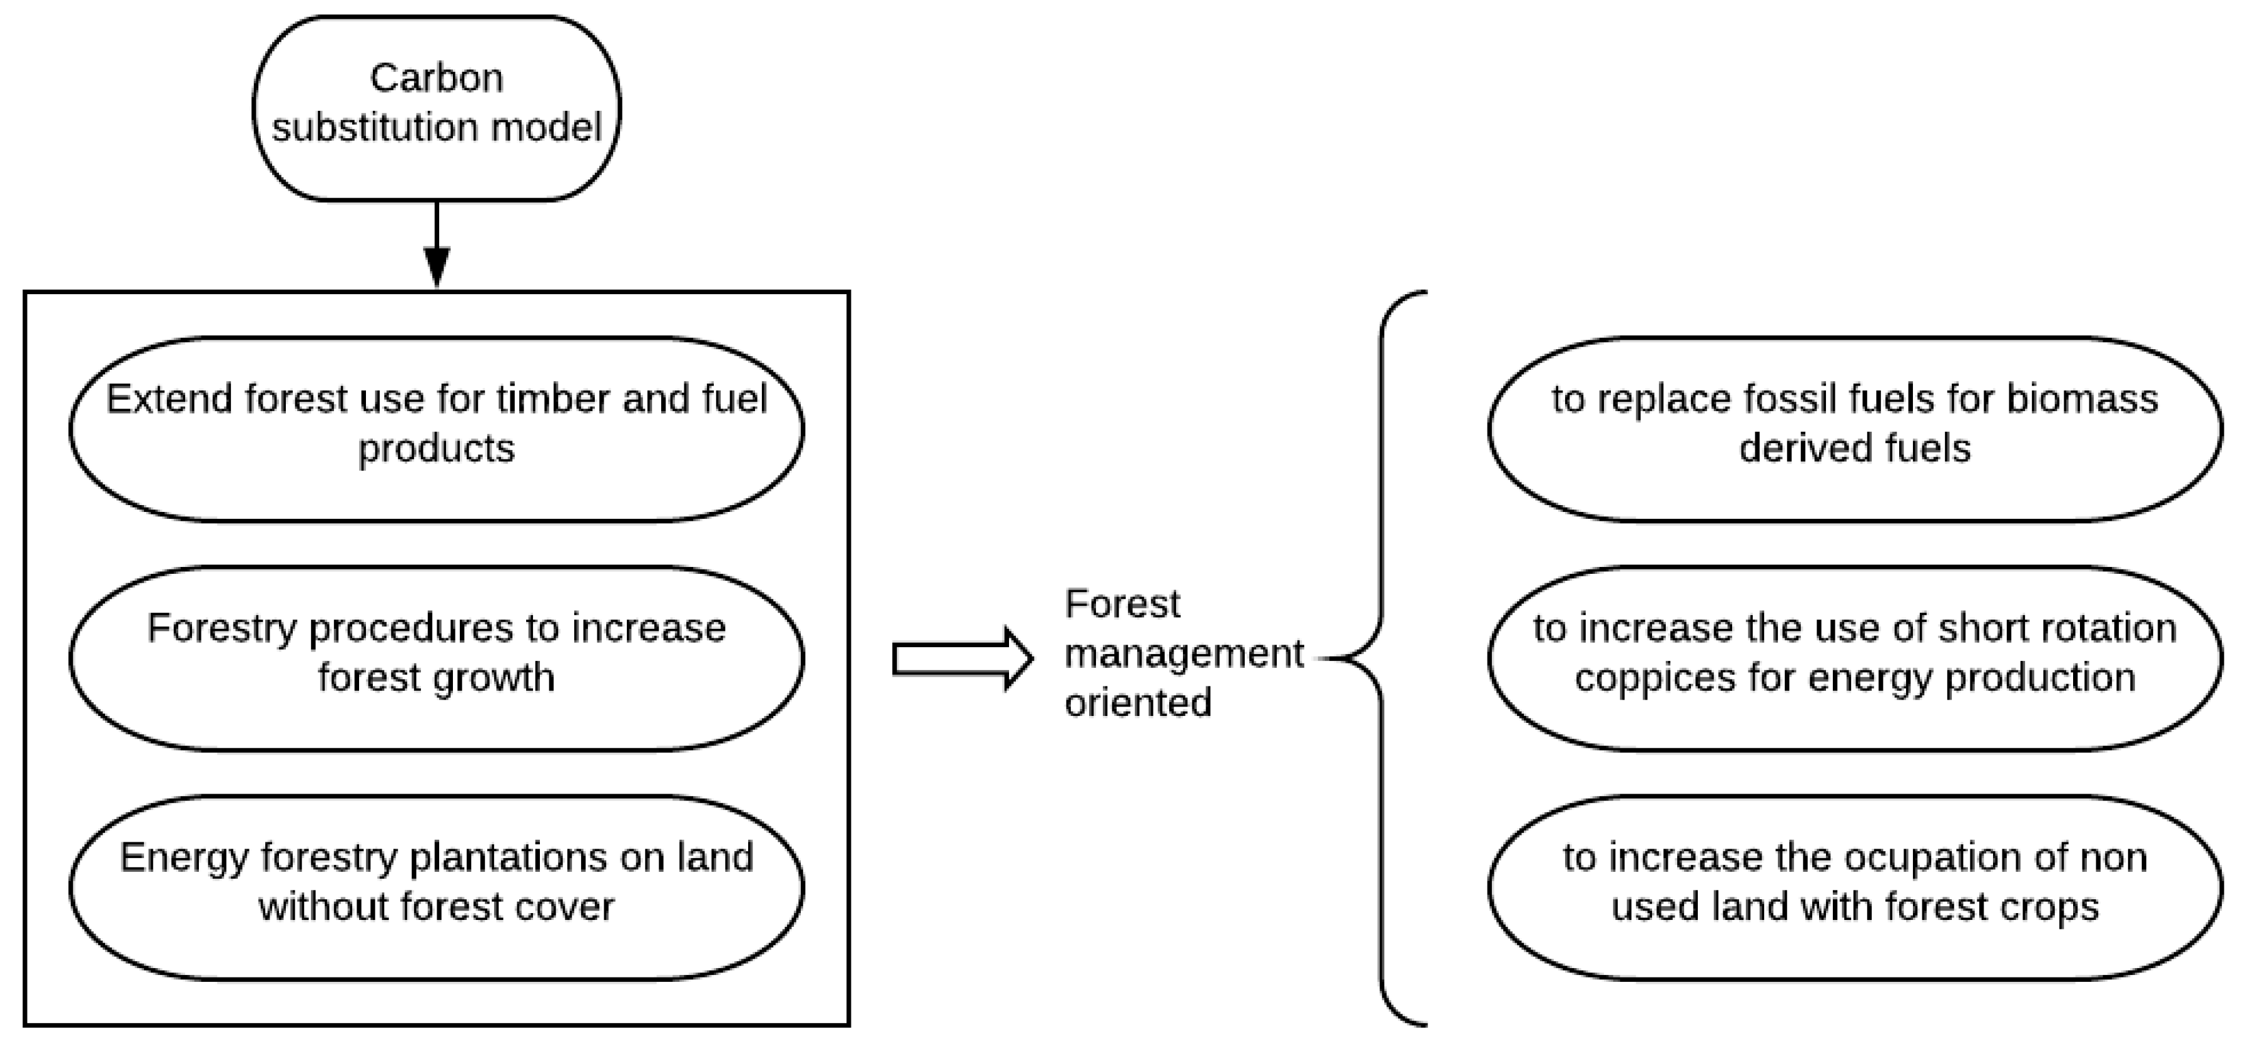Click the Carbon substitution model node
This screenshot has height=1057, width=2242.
tap(436, 108)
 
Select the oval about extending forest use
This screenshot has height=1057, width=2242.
tap(436, 429)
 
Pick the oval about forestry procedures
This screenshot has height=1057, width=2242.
tap(436, 658)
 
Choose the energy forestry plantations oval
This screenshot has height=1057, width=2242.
tap(436, 887)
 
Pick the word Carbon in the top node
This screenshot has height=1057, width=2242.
tap(436, 78)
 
